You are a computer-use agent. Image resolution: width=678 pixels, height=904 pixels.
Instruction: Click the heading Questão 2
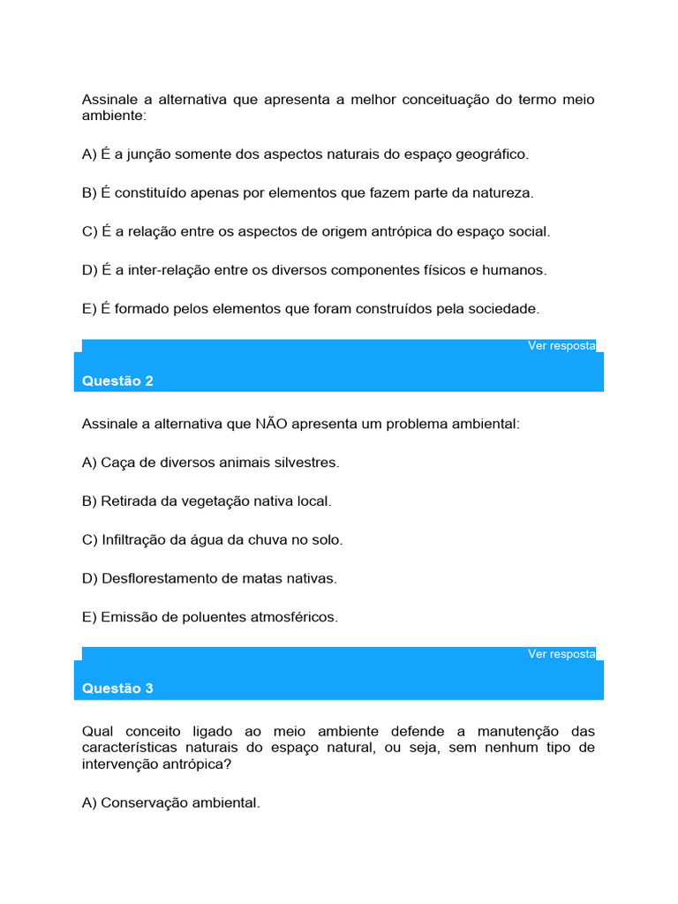[x=117, y=381]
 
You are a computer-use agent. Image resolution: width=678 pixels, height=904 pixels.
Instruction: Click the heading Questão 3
[x=117, y=689]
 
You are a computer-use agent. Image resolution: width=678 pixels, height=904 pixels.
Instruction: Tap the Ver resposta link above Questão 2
[x=561, y=346]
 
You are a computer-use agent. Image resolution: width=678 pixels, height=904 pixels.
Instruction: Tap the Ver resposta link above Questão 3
[x=561, y=654]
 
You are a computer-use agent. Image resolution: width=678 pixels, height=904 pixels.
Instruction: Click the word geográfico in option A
[x=492, y=154]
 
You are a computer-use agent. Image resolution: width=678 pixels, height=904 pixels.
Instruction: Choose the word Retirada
[x=129, y=501]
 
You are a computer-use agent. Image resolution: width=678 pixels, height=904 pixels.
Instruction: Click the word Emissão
[x=128, y=618]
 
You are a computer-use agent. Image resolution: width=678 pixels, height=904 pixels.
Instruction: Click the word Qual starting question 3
[x=97, y=732]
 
